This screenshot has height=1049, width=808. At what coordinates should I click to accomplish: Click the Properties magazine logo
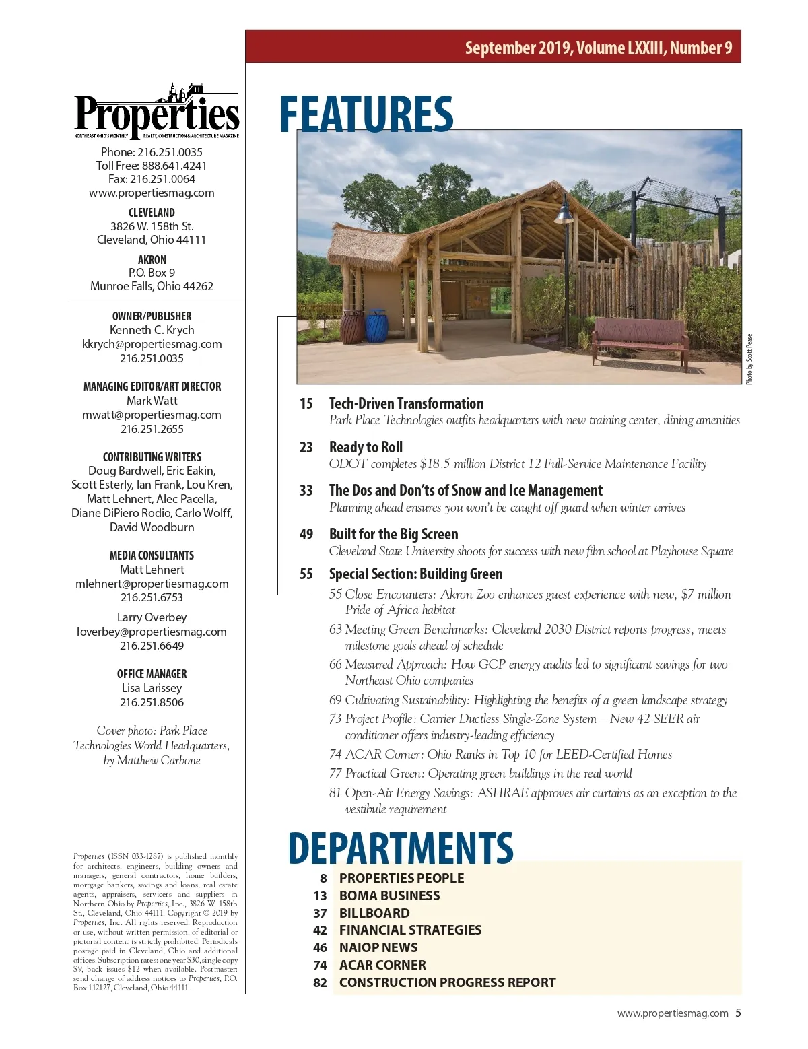click(156, 113)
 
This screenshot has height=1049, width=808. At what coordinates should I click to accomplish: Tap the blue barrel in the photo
click(376, 326)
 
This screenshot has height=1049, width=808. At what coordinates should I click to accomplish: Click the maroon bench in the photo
click(640, 340)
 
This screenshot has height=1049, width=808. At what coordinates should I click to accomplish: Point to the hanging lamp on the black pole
click(564, 211)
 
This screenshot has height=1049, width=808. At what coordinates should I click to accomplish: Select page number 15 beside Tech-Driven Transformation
click(306, 404)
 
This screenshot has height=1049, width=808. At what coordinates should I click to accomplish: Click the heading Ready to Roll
click(366, 447)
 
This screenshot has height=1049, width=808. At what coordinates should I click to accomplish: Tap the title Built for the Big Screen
click(393, 535)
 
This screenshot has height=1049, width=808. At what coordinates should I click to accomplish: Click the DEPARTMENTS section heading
click(401, 848)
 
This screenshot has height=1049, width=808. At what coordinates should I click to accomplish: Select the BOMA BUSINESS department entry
click(389, 895)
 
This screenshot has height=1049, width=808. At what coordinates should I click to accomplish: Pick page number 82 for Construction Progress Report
click(320, 983)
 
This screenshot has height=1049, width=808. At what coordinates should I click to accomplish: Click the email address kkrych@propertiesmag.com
click(152, 344)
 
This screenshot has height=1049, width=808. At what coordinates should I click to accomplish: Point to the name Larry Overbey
click(151, 617)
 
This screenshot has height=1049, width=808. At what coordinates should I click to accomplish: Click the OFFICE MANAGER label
click(151, 674)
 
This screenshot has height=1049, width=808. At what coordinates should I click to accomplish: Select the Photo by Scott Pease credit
click(749, 360)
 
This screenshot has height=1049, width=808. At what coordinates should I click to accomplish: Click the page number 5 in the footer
click(738, 1013)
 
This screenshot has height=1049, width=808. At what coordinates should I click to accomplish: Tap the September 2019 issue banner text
click(598, 48)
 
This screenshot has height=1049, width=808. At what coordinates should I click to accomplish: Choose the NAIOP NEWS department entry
click(378, 947)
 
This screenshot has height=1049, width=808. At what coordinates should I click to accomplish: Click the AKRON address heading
click(151, 260)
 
